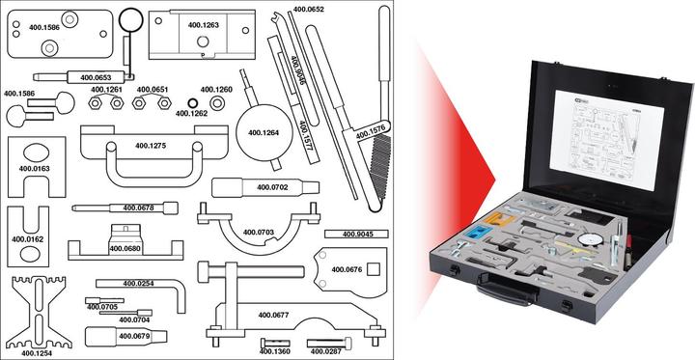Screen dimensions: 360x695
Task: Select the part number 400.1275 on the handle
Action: (x=151, y=146)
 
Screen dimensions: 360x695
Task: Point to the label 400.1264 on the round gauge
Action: (x=263, y=133)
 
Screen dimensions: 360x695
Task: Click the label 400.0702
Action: (x=271, y=186)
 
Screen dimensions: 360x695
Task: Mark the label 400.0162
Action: (x=27, y=238)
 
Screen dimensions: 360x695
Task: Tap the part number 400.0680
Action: (x=125, y=249)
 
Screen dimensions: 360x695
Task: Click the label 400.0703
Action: (x=259, y=233)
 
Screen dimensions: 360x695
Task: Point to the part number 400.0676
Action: (x=347, y=270)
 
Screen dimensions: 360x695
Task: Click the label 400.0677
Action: (x=273, y=315)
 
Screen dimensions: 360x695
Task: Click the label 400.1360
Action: (x=275, y=351)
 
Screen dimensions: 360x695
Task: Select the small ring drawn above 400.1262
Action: (x=192, y=100)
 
